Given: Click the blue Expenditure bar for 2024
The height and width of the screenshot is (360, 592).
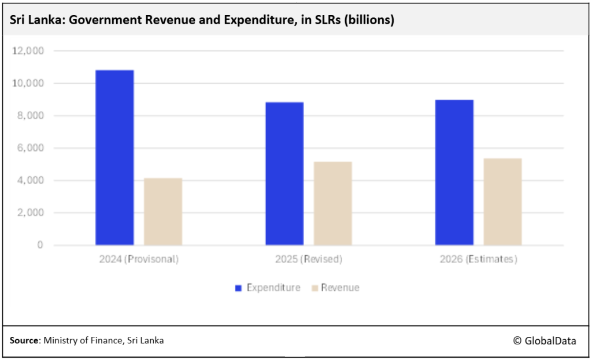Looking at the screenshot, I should click(x=114, y=157).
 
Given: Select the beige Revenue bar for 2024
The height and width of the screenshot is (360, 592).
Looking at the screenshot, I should click(x=163, y=211).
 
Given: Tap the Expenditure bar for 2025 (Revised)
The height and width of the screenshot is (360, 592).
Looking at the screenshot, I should click(x=284, y=173).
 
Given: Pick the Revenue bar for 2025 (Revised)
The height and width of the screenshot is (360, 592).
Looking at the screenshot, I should click(x=333, y=203).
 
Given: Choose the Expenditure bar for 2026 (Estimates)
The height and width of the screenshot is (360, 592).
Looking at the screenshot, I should click(x=454, y=172).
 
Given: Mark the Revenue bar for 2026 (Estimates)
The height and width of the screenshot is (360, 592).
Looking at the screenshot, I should click(x=503, y=202).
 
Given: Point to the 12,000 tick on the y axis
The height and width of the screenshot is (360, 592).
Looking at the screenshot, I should click(x=28, y=51).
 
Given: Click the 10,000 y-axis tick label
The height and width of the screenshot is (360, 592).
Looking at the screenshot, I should click(x=28, y=83).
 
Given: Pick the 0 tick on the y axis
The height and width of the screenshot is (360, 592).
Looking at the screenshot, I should click(x=40, y=245).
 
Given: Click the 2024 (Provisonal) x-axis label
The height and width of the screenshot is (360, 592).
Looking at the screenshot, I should click(x=139, y=259).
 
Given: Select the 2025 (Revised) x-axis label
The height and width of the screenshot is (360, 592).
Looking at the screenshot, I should click(x=309, y=259).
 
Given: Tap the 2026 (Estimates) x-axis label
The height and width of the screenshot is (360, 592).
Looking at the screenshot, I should click(x=479, y=259).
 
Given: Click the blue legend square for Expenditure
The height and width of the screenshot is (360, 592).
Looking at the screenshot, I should click(x=238, y=288).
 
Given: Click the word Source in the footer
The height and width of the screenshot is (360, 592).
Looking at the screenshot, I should click(x=24, y=341).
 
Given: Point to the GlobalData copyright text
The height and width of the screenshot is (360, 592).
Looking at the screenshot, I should click(x=544, y=341).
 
